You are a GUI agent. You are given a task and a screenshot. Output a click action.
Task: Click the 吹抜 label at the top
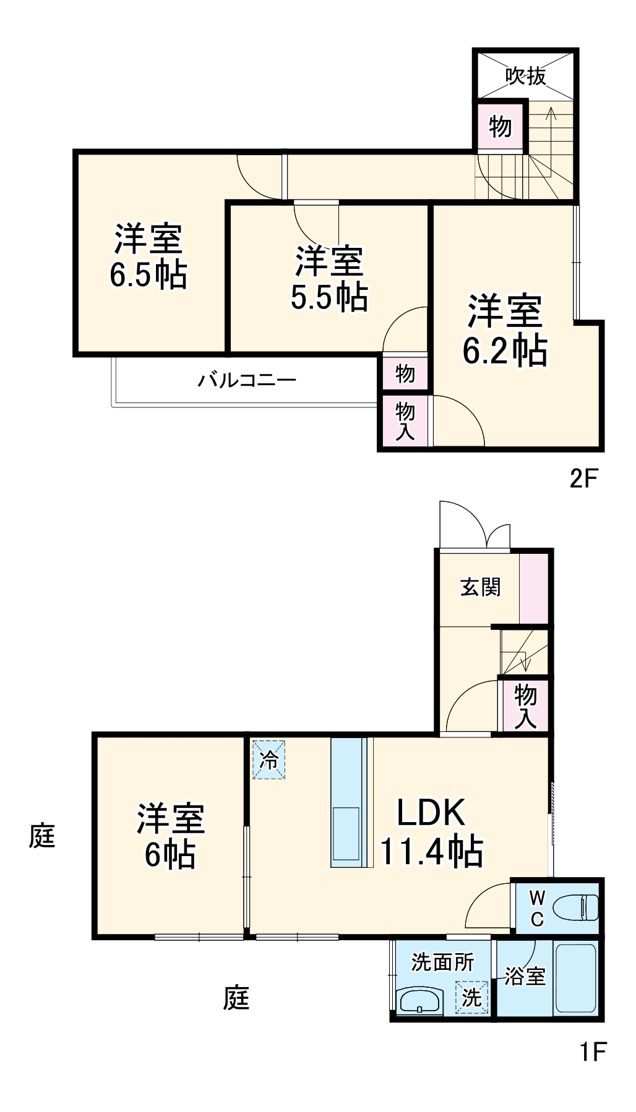coord(526,76)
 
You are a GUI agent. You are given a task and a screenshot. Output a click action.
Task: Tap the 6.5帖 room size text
coord(148,275)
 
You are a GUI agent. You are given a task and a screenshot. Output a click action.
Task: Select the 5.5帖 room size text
coord(329,297)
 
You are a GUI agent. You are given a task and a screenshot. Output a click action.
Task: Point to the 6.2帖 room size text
coord(505,350)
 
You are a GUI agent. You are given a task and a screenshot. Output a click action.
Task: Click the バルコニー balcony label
coord(247,380)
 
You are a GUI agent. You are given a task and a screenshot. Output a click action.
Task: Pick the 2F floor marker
coord(583,478)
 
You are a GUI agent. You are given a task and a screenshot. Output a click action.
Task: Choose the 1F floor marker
coord(593,1051)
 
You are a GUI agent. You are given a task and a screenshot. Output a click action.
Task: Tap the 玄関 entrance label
coord(480,587)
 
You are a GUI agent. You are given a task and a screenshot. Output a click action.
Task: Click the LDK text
coord(431,813)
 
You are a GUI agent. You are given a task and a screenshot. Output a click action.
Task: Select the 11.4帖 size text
coord(431,851)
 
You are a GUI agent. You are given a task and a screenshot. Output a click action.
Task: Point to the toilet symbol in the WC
coord(575,908)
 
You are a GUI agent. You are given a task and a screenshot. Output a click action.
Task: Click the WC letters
coord(537,909)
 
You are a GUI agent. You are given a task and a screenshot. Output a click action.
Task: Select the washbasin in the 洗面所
coord(419,1000)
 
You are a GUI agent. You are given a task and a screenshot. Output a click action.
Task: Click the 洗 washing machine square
coord(471,996)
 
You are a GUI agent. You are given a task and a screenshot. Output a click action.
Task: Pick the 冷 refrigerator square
coord(269,760)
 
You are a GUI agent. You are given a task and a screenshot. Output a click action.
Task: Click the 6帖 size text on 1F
coord(170,855)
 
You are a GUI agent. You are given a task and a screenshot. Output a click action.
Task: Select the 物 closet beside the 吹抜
coord(501,127)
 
